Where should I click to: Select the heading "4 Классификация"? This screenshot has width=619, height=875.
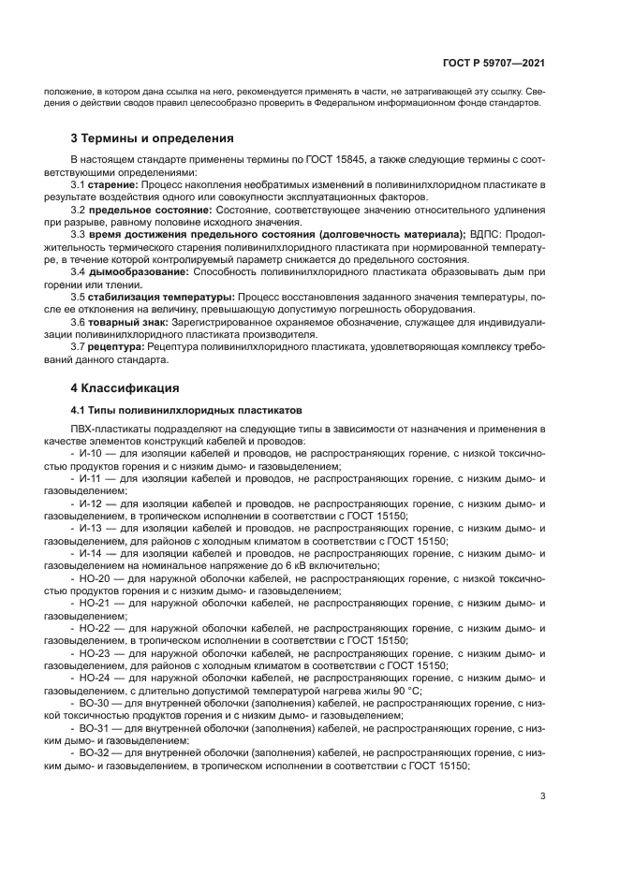point(126,387)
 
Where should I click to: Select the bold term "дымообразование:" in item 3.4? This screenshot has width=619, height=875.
point(139,271)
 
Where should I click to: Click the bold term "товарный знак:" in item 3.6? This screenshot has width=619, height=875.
point(129,321)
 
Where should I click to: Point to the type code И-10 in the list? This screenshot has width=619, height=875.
point(91,453)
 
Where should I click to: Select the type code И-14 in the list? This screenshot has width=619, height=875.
point(91,553)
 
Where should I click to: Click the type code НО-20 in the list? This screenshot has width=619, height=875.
point(95,578)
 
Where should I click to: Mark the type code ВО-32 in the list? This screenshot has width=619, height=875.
point(95,752)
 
